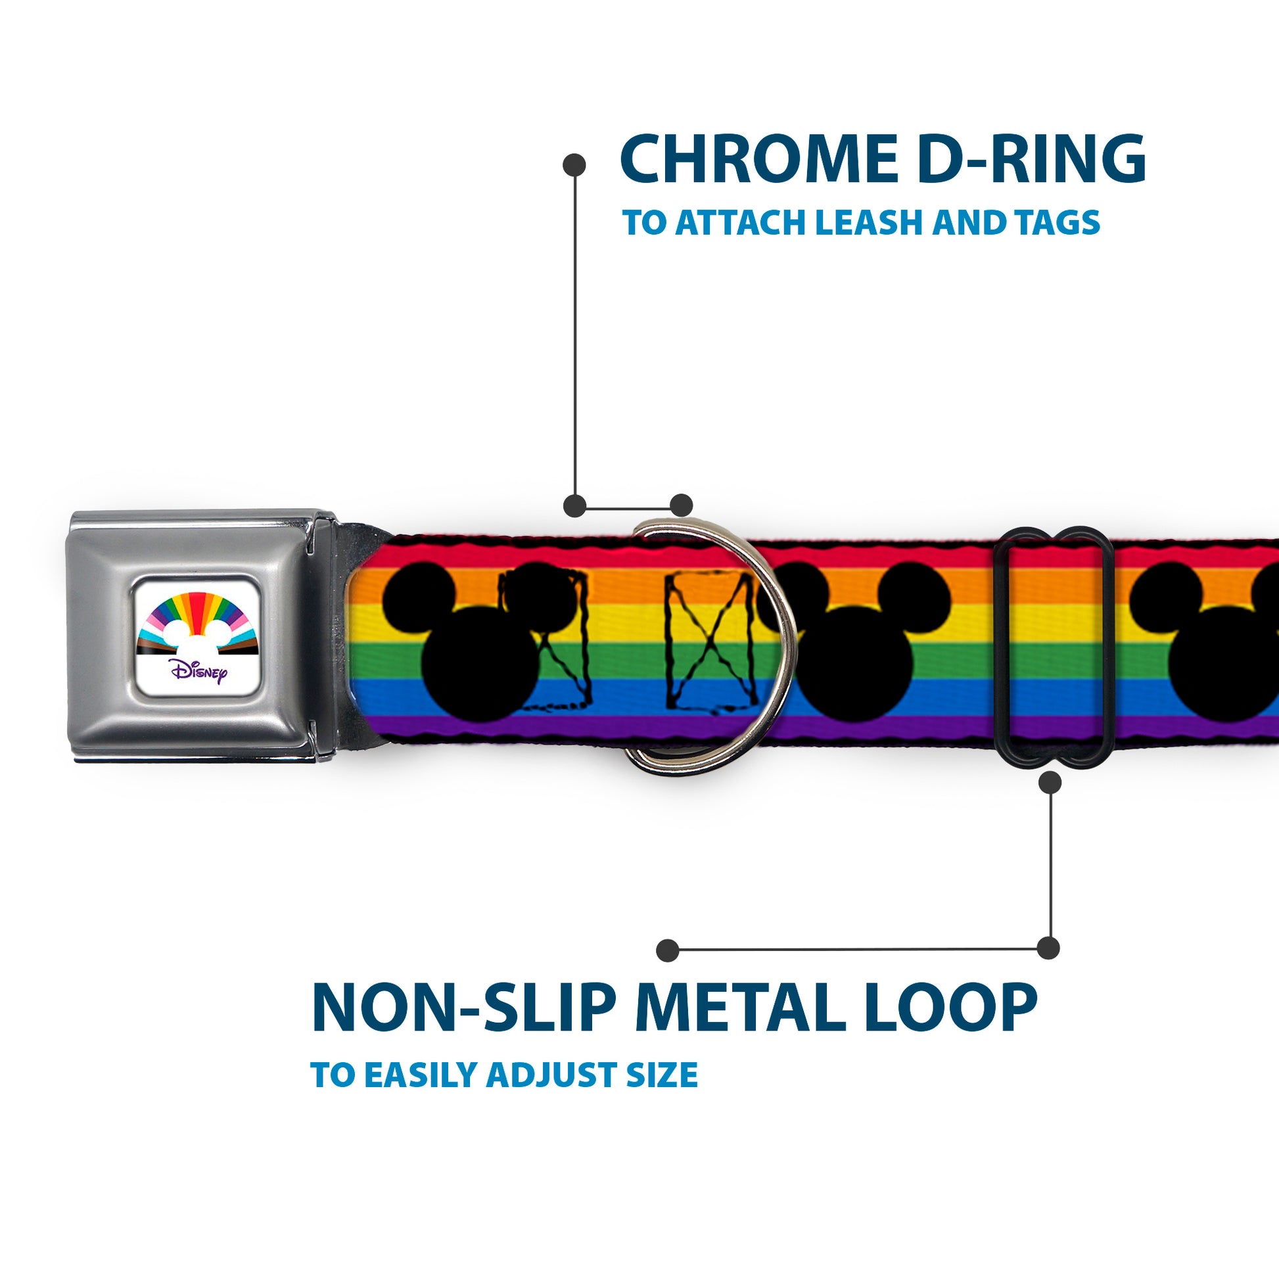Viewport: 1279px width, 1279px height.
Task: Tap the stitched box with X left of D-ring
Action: tap(711, 642)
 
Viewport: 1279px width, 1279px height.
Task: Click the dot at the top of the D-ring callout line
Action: tap(574, 165)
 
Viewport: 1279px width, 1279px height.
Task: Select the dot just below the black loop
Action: tap(1050, 783)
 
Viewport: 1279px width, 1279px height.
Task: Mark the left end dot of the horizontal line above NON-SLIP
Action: tap(668, 950)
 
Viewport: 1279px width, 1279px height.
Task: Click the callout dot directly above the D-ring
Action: tap(681, 505)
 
